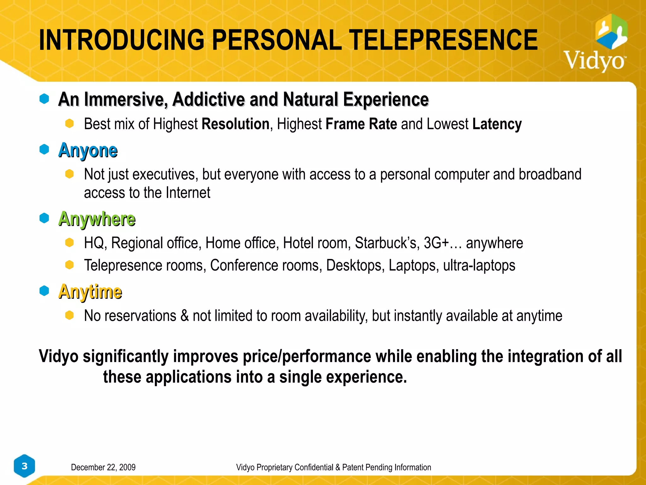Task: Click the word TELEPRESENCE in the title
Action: click(x=443, y=40)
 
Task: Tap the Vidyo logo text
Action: click(x=595, y=60)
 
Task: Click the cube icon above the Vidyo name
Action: click(x=611, y=32)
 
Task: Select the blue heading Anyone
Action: click(x=88, y=150)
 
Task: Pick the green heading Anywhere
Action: click(x=97, y=219)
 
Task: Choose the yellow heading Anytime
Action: click(x=90, y=291)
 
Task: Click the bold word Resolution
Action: click(x=236, y=124)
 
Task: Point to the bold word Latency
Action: click(x=497, y=124)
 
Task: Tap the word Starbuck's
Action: click(x=387, y=243)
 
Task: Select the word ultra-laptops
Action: click(x=479, y=265)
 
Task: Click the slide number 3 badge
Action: click(x=24, y=466)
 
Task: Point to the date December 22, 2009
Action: click(x=103, y=467)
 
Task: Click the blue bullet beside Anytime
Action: click(x=44, y=290)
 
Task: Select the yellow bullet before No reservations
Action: click(x=69, y=315)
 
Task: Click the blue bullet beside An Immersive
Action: click(x=44, y=99)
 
